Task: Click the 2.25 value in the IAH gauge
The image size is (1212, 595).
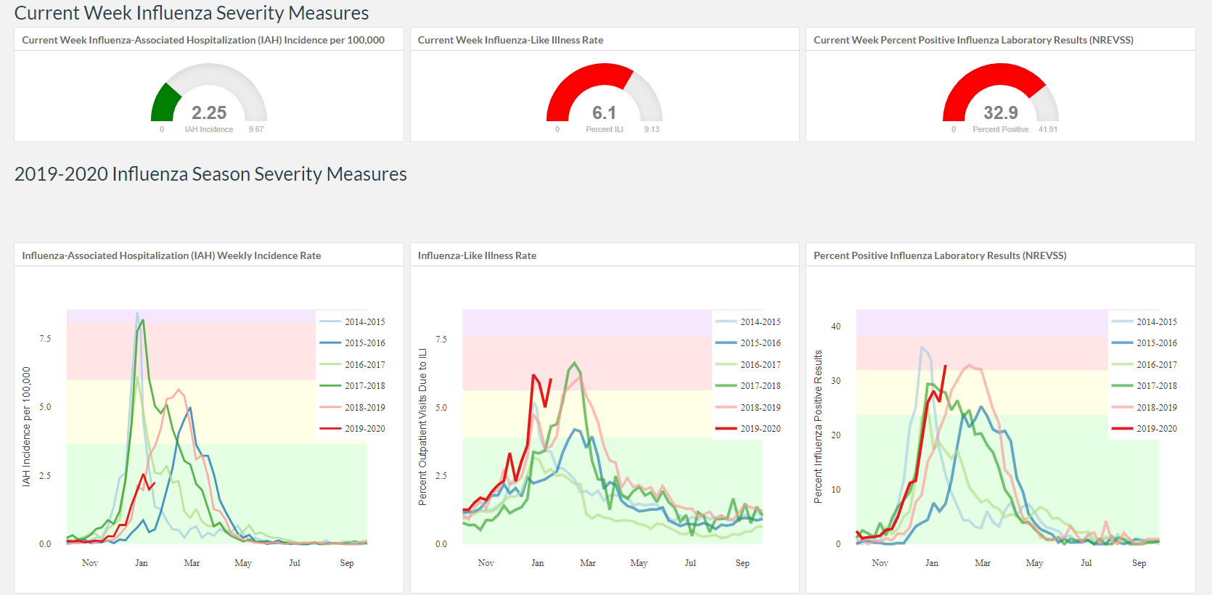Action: (x=209, y=112)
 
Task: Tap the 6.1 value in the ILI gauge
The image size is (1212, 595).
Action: (x=605, y=112)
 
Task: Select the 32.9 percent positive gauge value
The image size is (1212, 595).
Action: (x=1000, y=112)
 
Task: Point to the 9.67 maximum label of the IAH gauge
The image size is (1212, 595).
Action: (x=256, y=129)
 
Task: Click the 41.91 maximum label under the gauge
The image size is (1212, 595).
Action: (x=1048, y=129)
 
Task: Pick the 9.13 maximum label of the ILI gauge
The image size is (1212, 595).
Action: (x=652, y=129)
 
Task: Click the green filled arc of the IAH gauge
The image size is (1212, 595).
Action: (x=164, y=103)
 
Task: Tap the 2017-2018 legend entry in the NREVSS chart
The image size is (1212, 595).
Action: (x=1144, y=386)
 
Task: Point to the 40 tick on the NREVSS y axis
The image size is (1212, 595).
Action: (x=836, y=327)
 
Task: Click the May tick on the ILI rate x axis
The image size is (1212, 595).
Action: (x=639, y=563)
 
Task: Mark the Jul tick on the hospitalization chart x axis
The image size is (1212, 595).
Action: (x=295, y=563)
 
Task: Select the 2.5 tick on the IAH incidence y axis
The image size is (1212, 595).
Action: (x=45, y=475)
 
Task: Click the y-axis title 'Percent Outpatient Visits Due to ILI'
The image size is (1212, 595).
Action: (x=422, y=427)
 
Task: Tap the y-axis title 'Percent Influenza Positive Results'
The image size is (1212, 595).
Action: (x=818, y=427)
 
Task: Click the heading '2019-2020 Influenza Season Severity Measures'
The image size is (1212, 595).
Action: (x=210, y=174)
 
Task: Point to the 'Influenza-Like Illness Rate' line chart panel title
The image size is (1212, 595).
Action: (x=477, y=255)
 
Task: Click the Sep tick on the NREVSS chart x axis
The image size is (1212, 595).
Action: (x=1139, y=563)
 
